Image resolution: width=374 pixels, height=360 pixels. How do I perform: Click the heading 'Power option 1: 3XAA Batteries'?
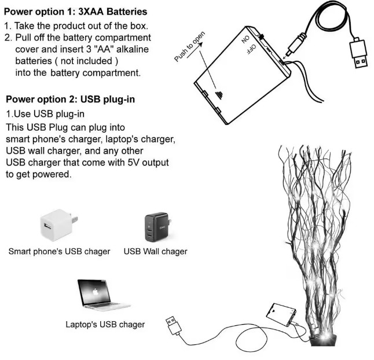click(x=76, y=12)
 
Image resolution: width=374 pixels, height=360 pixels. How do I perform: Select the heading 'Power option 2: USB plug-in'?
click(x=71, y=99)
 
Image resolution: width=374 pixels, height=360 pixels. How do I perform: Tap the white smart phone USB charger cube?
click(x=58, y=225)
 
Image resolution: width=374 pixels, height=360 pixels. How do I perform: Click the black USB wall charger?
click(x=158, y=227)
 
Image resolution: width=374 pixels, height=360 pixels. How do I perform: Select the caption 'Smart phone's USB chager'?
click(x=60, y=252)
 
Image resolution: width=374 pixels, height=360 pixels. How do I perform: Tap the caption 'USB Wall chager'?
click(x=156, y=252)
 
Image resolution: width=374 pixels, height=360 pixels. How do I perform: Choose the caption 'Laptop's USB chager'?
click(x=105, y=325)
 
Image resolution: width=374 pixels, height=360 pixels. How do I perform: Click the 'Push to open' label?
click(x=189, y=46)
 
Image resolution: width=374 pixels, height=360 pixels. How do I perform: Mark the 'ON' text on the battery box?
click(x=245, y=39)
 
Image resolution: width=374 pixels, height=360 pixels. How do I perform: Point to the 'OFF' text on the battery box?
click(x=251, y=49)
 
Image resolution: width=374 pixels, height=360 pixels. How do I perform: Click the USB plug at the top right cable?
click(x=358, y=53)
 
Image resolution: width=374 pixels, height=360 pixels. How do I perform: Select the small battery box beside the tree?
click(x=281, y=314)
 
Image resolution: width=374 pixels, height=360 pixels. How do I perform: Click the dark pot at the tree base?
click(x=324, y=340)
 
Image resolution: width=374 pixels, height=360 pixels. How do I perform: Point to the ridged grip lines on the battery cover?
click(x=219, y=95)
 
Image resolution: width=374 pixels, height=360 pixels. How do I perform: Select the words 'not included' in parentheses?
click(x=86, y=61)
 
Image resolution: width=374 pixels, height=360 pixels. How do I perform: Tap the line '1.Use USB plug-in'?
click(x=45, y=114)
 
